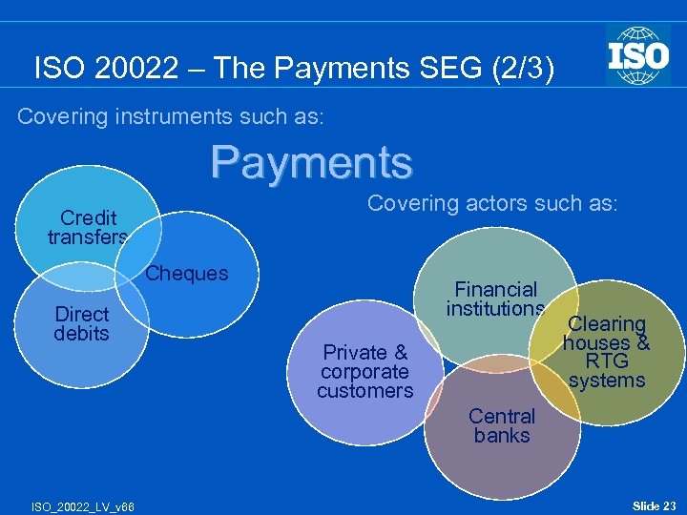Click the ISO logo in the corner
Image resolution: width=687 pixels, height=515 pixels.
[x=637, y=54]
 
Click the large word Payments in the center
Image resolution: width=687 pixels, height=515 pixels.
[x=312, y=162]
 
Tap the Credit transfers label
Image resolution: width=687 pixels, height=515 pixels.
[x=88, y=227]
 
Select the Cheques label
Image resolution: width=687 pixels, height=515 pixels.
[x=187, y=274]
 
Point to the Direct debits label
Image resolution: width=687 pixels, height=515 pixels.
[x=82, y=323]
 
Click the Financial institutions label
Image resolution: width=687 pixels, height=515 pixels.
[x=495, y=299]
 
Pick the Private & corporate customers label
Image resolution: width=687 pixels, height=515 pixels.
[x=365, y=371]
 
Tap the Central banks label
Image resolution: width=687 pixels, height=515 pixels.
[x=502, y=425]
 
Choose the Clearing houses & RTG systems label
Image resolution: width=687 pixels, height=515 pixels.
[x=607, y=352]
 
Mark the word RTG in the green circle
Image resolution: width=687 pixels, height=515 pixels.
[x=607, y=361]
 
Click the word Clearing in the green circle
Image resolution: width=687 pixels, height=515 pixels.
[x=608, y=324]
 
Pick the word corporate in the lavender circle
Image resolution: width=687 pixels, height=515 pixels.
[x=364, y=372]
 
